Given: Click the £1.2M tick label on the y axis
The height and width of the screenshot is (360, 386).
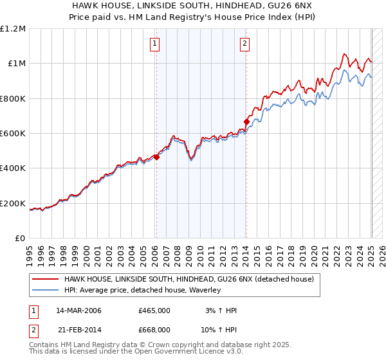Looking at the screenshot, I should point(13,28).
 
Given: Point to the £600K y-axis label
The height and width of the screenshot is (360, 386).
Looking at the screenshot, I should point(13,134).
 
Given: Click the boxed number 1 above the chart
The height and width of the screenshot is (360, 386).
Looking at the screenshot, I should point(156,44).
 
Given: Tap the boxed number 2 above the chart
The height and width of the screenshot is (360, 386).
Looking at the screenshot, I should point(246,44).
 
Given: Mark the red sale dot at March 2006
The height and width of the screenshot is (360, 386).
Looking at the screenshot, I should point(156,156).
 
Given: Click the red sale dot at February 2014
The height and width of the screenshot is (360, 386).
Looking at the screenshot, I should point(246,121).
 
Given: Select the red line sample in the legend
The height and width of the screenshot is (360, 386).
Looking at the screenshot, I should point(46,280).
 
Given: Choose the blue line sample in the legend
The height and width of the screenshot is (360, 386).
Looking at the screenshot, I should point(46,291).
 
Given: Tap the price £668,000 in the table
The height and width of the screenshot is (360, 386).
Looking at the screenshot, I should point(154,329).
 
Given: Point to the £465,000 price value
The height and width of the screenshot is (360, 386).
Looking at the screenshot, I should point(154,310).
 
